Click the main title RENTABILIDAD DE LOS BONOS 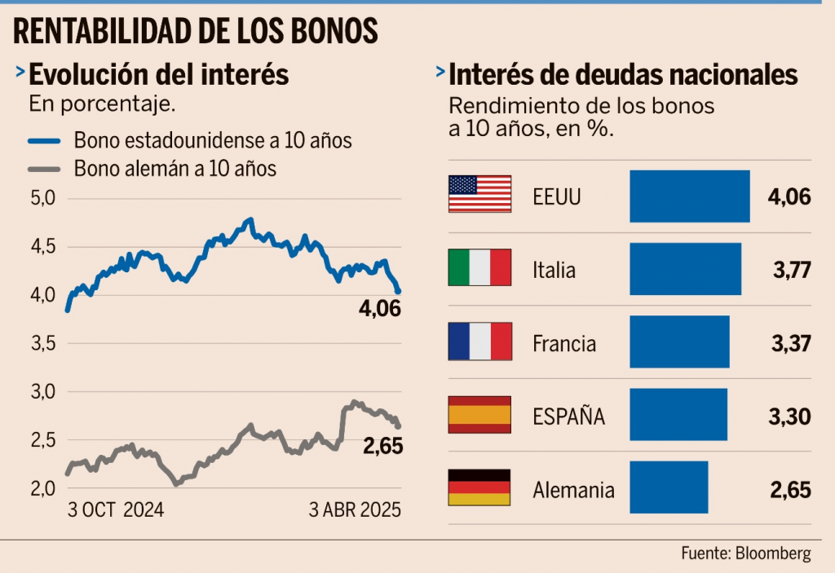click(x=196, y=31)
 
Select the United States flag click(x=479, y=194)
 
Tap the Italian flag click(x=479, y=268)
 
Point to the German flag click(x=479, y=489)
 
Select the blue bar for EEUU click(x=689, y=196)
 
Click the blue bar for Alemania click(x=669, y=487)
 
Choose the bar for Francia click(x=679, y=342)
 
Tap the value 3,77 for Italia click(x=790, y=270)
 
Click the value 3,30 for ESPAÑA click(x=790, y=417)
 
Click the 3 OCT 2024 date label click(x=115, y=511)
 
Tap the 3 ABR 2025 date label click(x=355, y=511)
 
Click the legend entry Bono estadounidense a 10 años click(x=213, y=141)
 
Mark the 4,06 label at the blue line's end click(x=381, y=310)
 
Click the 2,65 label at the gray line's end click(x=381, y=447)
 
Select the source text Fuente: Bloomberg click(x=746, y=554)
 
